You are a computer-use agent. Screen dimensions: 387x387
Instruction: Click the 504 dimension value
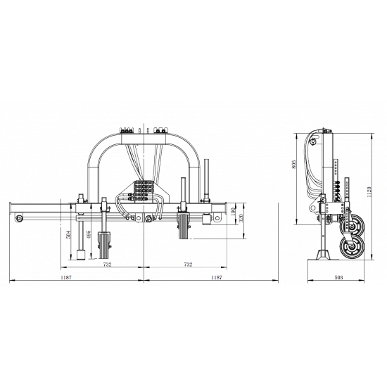[69, 234]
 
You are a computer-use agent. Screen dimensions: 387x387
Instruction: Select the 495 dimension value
[89, 234]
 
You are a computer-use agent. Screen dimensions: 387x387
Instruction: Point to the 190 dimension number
[232, 212]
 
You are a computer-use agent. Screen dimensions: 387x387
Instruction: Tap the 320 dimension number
[241, 218]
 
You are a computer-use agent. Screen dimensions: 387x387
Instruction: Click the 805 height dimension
[293, 165]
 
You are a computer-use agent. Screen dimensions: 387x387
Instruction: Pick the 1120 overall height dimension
[369, 192]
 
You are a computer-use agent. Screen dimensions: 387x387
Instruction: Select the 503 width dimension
[338, 277]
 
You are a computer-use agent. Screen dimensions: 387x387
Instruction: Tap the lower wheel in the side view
[353, 247]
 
